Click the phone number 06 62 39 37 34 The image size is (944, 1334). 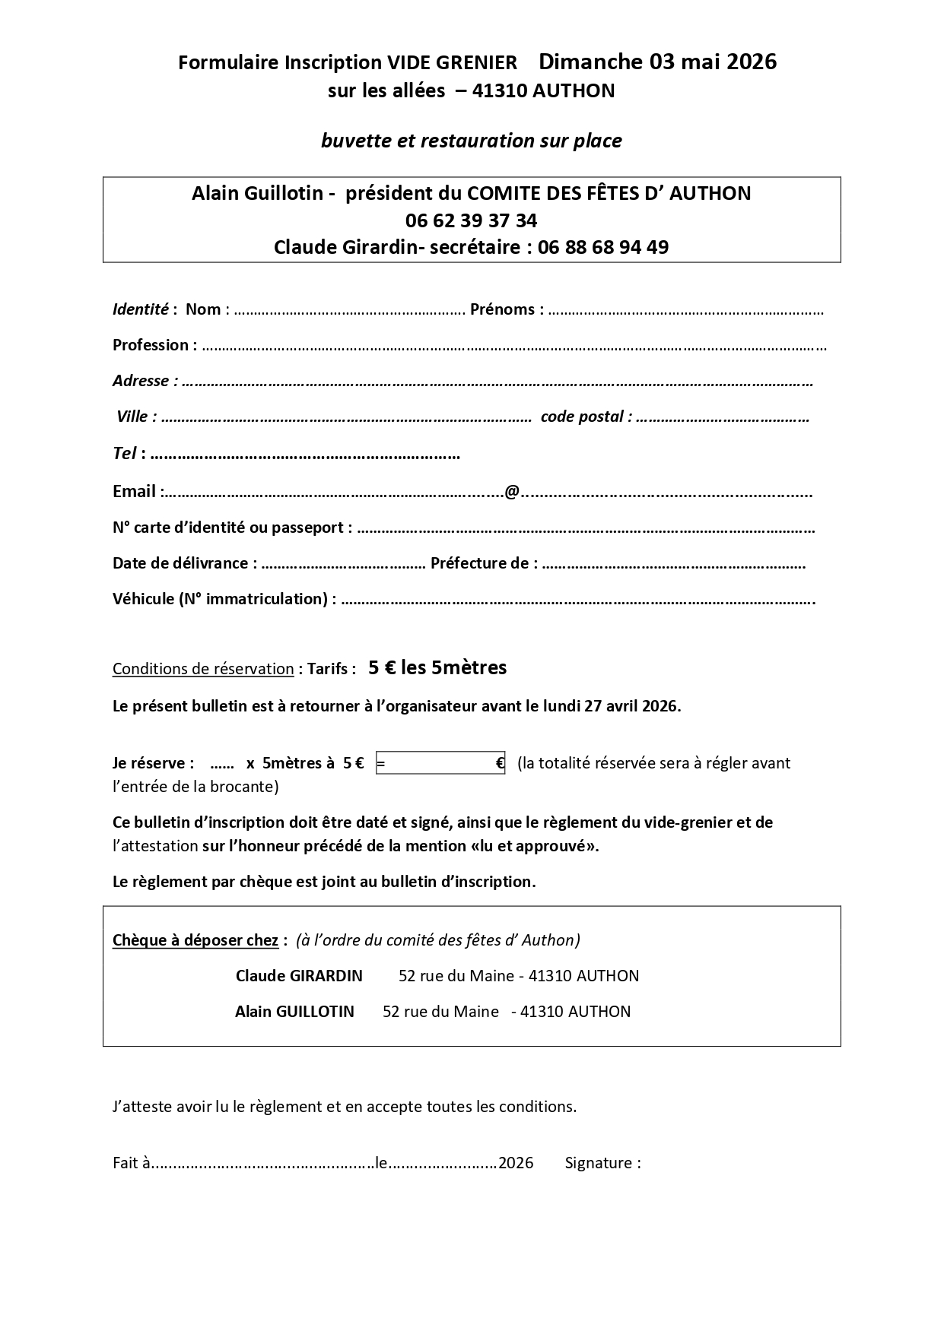pyautogui.click(x=471, y=220)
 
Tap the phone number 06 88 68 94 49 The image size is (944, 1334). pyautogui.click(x=602, y=247)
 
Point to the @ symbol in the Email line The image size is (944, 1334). pyautogui.click(x=512, y=492)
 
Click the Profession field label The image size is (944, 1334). pyautogui.click(x=151, y=345)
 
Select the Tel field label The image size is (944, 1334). pyautogui.click(x=125, y=454)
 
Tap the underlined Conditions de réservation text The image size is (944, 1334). pyautogui.click(x=203, y=669)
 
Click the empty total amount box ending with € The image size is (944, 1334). pyautogui.click(x=440, y=763)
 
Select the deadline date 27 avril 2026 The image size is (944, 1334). pyautogui.click(x=631, y=706)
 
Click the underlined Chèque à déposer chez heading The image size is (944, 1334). pyautogui.click(x=195, y=940)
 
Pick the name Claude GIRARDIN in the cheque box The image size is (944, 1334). pyautogui.click(x=299, y=976)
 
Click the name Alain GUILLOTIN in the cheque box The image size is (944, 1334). pyautogui.click(x=294, y=1012)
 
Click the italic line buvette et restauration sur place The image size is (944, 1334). pyautogui.click(x=471, y=141)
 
